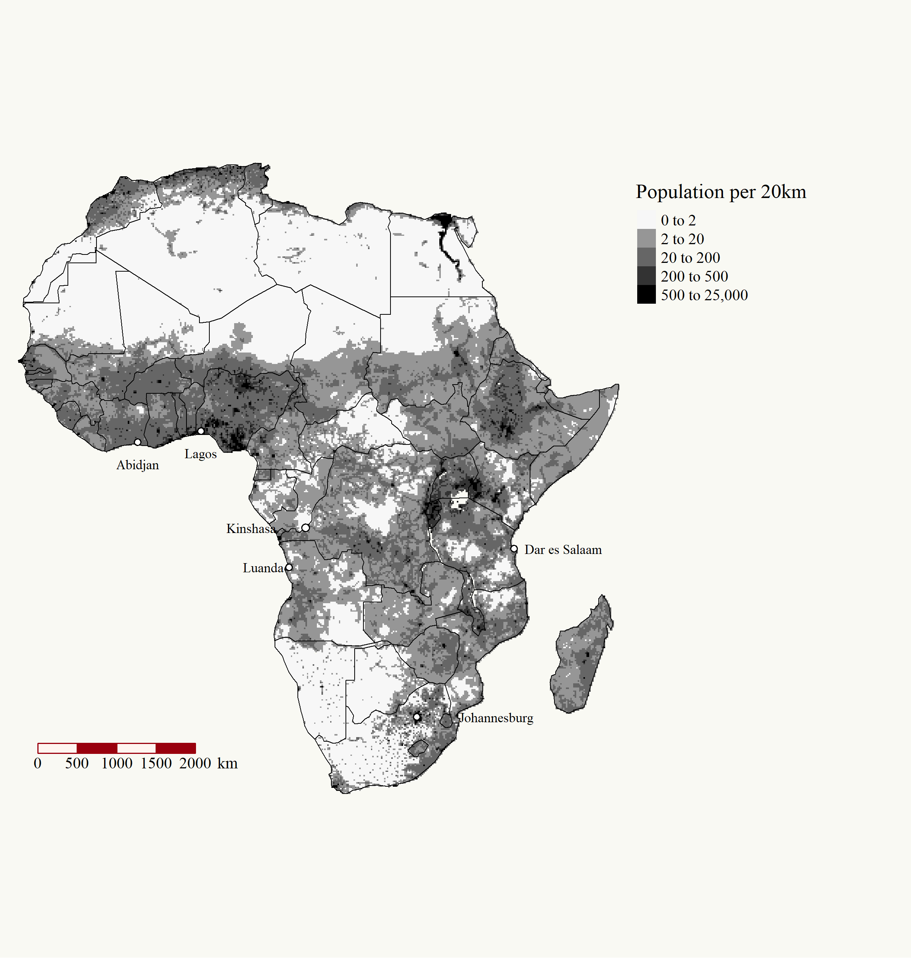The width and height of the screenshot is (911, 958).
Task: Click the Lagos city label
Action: click(x=201, y=454)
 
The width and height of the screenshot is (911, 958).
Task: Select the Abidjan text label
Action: click(x=137, y=465)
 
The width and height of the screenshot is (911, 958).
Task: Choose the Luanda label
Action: click(x=263, y=568)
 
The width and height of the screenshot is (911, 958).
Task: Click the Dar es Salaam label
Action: click(x=563, y=550)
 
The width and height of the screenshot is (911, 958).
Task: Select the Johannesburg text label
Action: click(x=496, y=718)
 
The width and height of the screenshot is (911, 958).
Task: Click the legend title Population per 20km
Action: click(x=721, y=192)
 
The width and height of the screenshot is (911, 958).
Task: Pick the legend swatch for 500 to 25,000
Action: click(x=646, y=295)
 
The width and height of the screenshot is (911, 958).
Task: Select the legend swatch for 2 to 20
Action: click(x=646, y=239)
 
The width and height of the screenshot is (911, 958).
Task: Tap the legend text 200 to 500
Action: click(x=694, y=277)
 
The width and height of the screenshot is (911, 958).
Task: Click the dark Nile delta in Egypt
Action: click(x=443, y=221)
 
